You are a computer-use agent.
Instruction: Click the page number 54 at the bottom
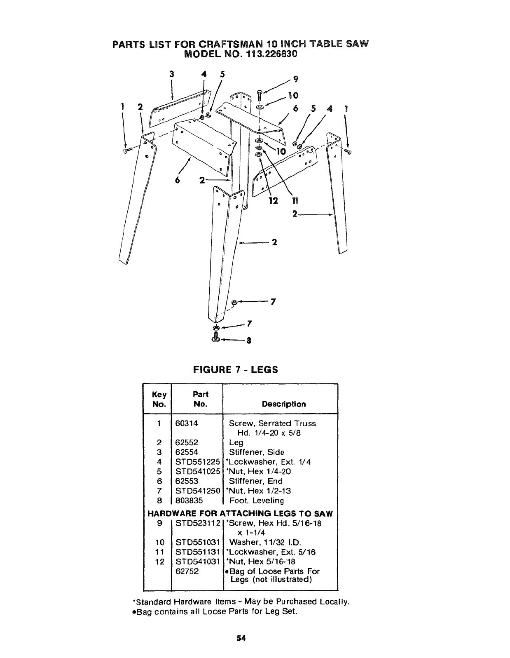(241, 639)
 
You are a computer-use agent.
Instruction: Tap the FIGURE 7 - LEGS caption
(236, 369)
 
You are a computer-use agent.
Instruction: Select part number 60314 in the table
(188, 423)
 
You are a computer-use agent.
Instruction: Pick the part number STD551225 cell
(197, 462)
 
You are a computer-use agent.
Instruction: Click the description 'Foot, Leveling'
(256, 501)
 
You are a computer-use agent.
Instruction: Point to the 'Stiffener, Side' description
(256, 452)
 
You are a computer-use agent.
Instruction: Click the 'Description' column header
(284, 404)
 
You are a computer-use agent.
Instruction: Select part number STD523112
(197, 523)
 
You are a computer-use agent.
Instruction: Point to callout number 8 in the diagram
(248, 341)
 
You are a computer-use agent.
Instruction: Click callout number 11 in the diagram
(295, 201)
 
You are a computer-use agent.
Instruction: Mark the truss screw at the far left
(126, 151)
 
